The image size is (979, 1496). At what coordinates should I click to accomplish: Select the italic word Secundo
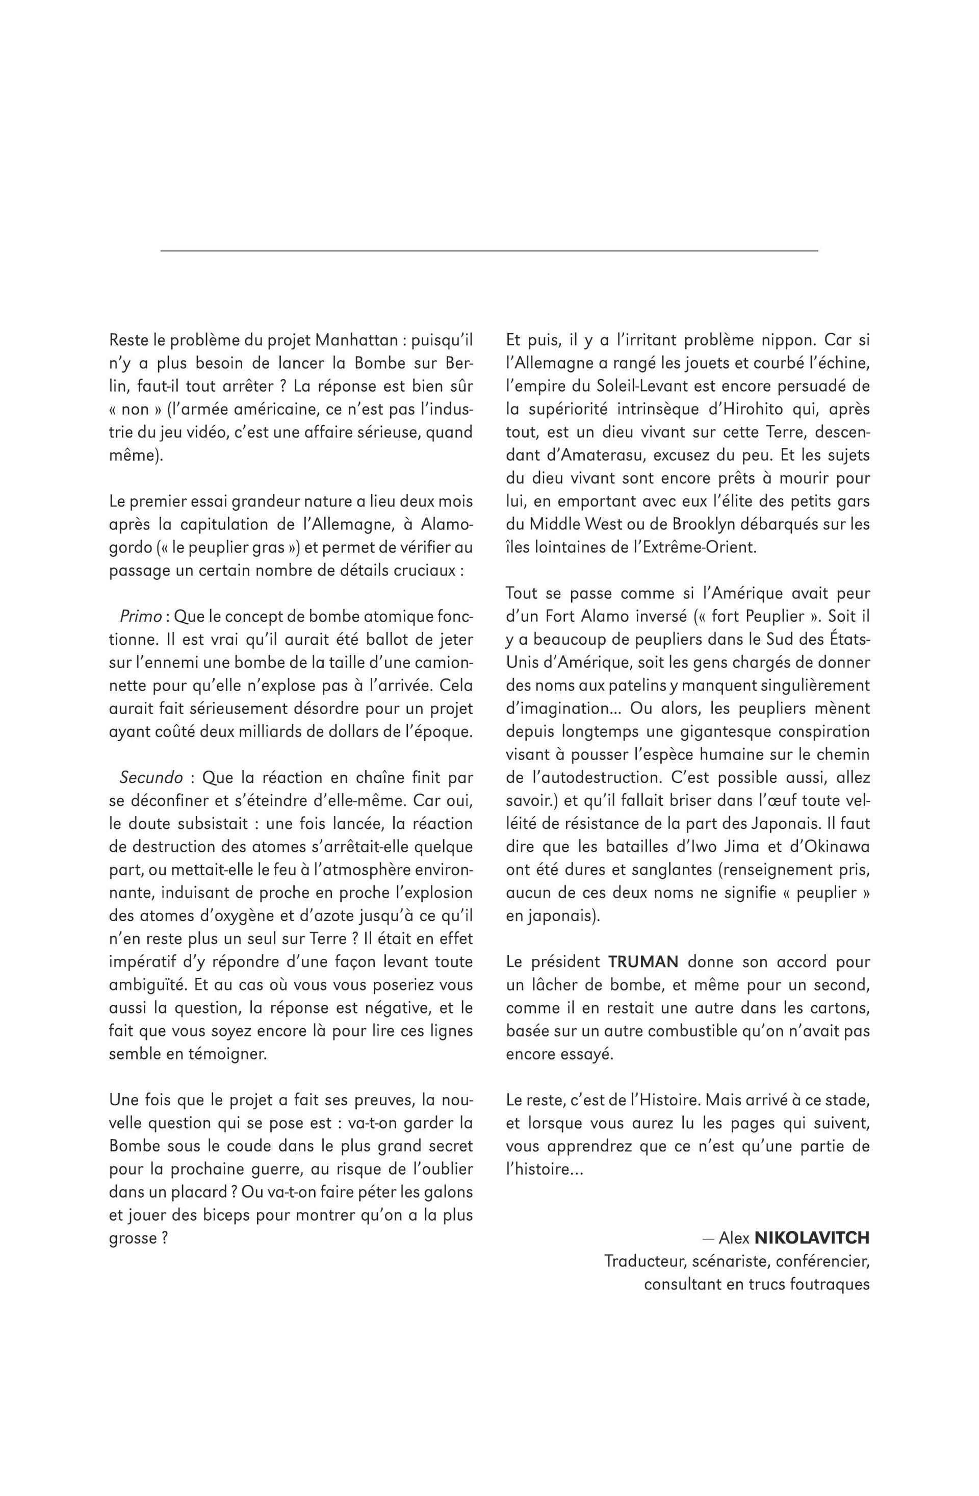tap(151, 777)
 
